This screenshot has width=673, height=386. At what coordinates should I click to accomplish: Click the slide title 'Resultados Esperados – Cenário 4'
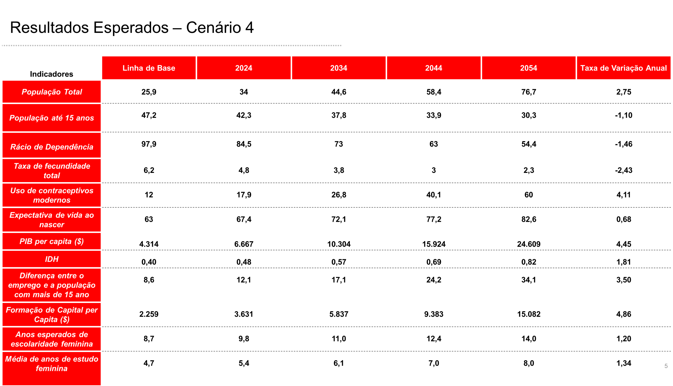(132, 28)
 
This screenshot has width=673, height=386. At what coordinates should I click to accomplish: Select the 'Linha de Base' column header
(149, 68)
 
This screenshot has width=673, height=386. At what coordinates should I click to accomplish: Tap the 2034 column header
(339, 68)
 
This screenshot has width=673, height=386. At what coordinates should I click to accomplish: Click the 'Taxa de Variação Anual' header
(624, 68)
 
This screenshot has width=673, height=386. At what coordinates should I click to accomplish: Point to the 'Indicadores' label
(51, 74)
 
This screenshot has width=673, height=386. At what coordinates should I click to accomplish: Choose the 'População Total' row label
(52, 92)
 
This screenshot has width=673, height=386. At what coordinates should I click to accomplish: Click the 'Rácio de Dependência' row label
(52, 147)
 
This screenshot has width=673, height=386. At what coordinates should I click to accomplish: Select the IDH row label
(52, 259)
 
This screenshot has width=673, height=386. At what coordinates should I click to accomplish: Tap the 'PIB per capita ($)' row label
(52, 241)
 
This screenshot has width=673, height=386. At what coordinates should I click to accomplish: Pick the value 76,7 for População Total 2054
(529, 92)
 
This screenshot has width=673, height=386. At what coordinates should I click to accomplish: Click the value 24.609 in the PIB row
(529, 244)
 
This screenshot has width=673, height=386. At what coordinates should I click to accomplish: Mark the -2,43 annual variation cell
(624, 170)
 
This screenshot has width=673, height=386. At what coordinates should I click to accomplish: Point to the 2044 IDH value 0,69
(434, 262)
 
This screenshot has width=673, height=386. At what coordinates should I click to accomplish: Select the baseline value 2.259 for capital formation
(149, 314)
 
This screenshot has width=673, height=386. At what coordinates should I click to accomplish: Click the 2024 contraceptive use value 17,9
(244, 195)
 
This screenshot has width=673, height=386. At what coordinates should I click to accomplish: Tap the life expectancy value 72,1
(339, 219)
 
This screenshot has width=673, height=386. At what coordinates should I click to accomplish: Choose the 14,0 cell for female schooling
(529, 339)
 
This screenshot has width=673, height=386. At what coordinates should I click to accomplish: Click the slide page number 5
(666, 366)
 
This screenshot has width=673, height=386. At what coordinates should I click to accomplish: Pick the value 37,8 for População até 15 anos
(339, 115)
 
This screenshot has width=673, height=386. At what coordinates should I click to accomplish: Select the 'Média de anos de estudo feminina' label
(52, 364)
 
